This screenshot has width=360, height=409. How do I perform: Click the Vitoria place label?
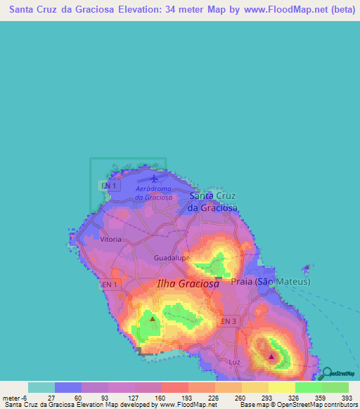click(x=110, y=240)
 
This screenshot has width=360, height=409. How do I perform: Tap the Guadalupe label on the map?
click(x=172, y=258)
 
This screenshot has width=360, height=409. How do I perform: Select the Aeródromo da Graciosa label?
click(x=154, y=193)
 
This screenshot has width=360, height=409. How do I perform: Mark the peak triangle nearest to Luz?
click(x=272, y=356)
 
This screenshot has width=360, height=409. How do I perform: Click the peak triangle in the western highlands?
click(x=153, y=318)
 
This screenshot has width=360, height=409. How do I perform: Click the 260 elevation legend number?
click(x=241, y=397)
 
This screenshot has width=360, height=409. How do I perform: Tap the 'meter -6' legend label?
click(x=15, y=397)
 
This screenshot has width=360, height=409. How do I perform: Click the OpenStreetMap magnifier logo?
click(x=329, y=372)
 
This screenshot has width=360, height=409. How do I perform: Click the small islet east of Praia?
click(x=306, y=268)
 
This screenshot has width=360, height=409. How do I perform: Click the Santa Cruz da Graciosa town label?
click(x=212, y=202)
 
